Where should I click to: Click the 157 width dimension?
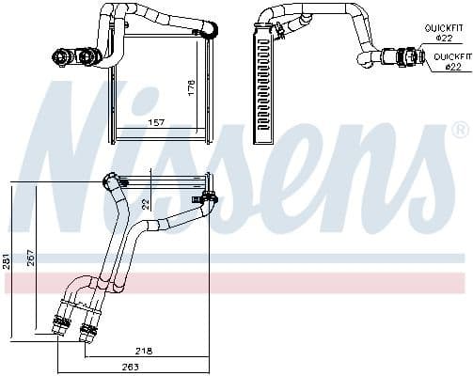tap(155, 122)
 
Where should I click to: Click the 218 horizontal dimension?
tap(144, 350)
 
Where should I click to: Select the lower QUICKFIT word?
tap(452, 56)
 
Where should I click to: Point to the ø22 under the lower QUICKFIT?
tap(452, 67)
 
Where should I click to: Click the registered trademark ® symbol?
tap(459, 129)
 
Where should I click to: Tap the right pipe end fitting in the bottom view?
tap(89, 329)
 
